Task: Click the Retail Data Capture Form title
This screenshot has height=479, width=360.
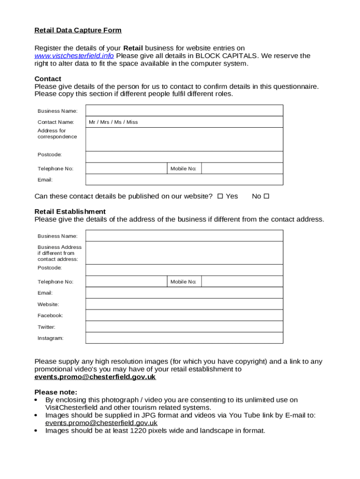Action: point(78,30)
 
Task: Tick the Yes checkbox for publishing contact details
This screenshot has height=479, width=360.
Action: point(220,196)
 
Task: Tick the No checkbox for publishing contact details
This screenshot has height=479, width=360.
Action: point(266,196)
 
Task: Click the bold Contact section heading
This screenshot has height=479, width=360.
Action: point(48,79)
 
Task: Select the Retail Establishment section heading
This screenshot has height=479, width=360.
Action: point(70,211)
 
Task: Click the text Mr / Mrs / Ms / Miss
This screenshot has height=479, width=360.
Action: point(113,122)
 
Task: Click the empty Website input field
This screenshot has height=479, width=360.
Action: point(184,304)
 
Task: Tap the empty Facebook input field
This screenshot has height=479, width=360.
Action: point(184,315)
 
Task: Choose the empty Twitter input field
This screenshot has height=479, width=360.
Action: point(184,327)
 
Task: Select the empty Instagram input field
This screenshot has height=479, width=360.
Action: point(184,338)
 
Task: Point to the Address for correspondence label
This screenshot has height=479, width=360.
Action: point(57,134)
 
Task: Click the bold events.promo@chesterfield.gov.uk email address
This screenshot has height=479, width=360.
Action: point(95,377)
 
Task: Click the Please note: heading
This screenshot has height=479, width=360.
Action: point(56,392)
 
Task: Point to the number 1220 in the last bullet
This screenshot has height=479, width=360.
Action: point(138,430)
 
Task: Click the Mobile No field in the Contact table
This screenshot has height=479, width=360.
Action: point(242,168)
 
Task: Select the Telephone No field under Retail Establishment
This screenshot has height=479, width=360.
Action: point(126,282)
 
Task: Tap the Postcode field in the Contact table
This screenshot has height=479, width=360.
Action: point(184,157)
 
